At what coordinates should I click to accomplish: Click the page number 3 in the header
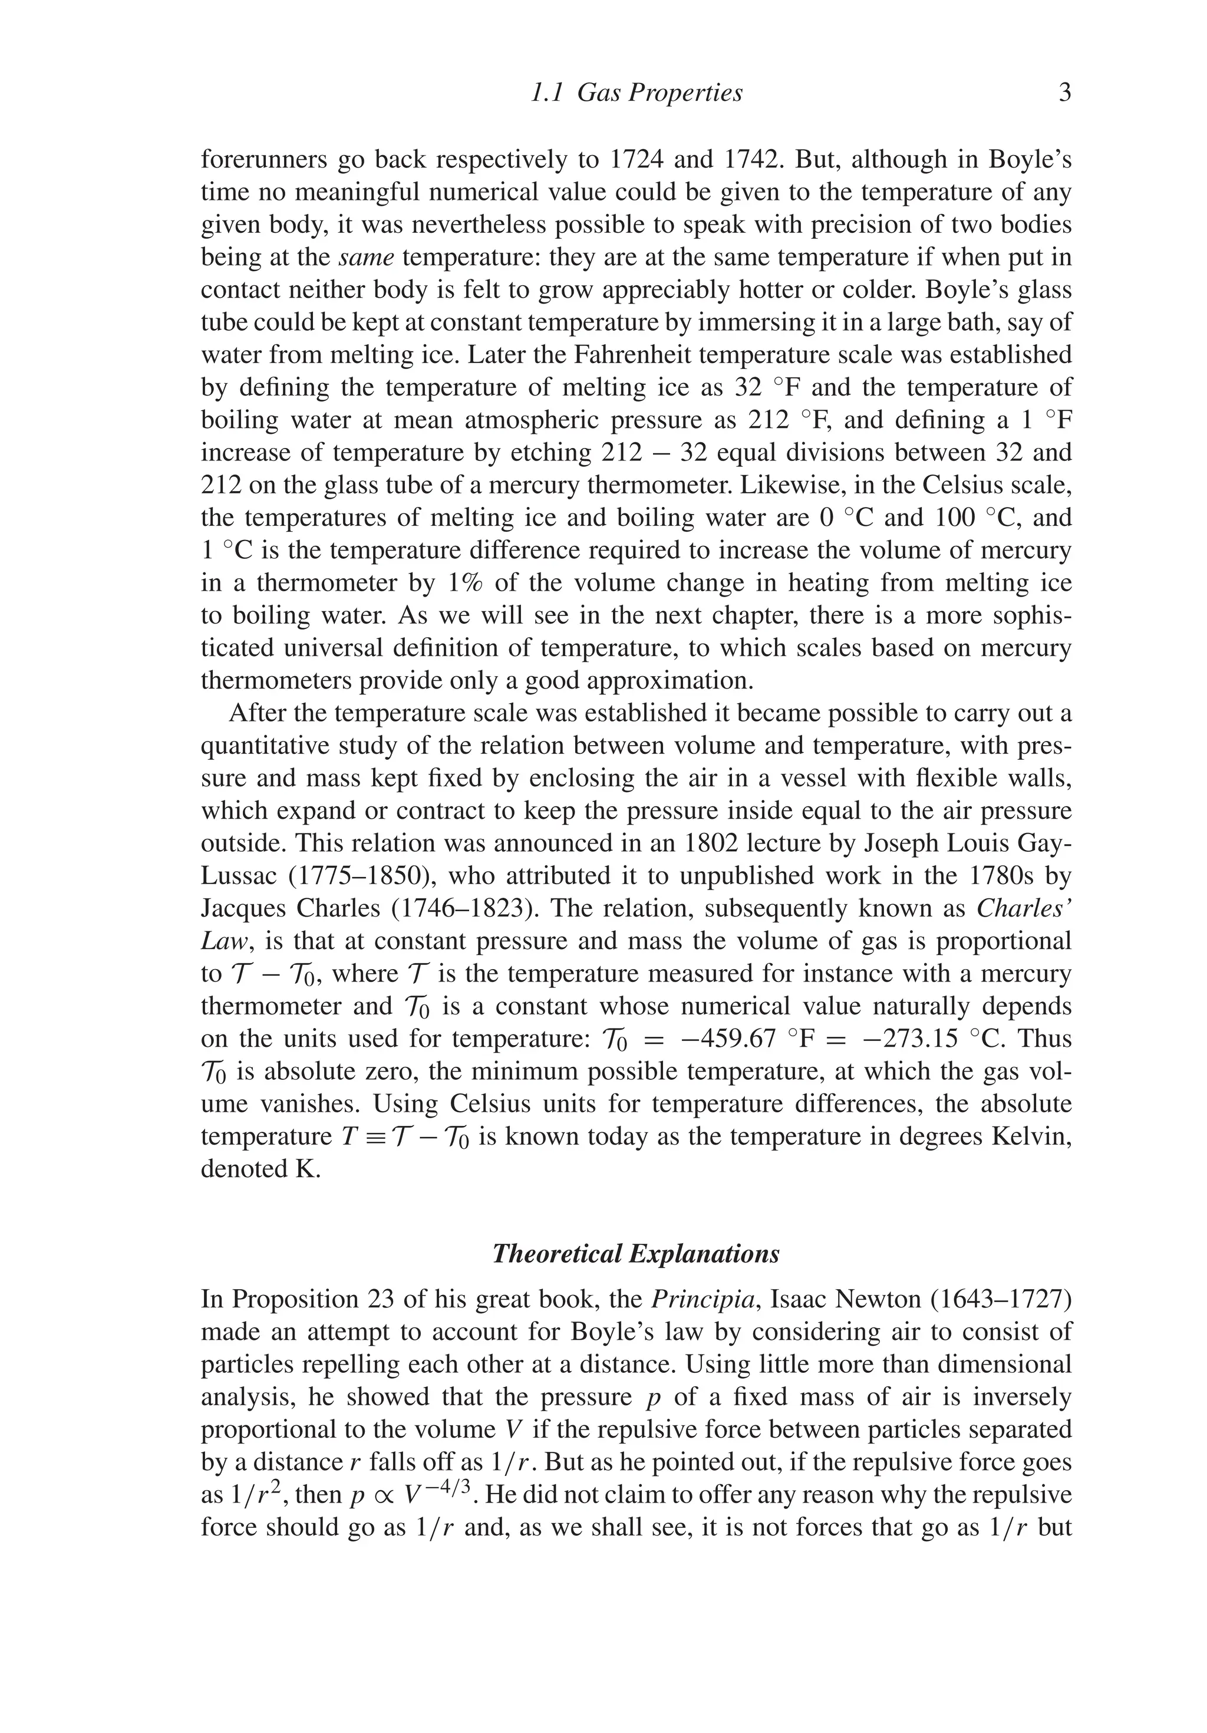point(1064,93)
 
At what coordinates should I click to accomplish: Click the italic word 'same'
point(367,258)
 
